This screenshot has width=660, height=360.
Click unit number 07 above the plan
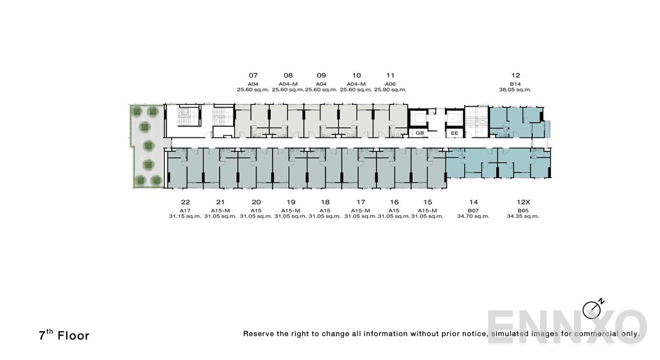(253, 76)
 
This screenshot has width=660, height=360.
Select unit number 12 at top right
(516, 76)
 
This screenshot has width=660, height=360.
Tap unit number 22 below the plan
(185, 202)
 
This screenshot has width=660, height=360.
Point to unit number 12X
(523, 202)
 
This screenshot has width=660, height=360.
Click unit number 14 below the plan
(473, 202)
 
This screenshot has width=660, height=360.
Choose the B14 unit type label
(515, 84)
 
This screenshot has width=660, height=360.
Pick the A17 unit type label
(185, 210)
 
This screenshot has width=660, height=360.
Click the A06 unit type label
(390, 84)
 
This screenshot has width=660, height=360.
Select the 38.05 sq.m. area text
(515, 90)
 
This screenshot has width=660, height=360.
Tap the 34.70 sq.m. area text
(473, 216)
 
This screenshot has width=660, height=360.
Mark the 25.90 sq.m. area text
(390, 90)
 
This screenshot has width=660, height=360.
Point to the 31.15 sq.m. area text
(185, 216)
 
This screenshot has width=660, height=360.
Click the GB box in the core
(419, 133)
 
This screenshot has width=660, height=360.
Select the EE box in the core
(454, 133)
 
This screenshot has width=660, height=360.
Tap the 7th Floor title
(64, 335)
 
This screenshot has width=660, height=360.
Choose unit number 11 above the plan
(390, 76)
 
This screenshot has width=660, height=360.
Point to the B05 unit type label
(523, 210)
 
